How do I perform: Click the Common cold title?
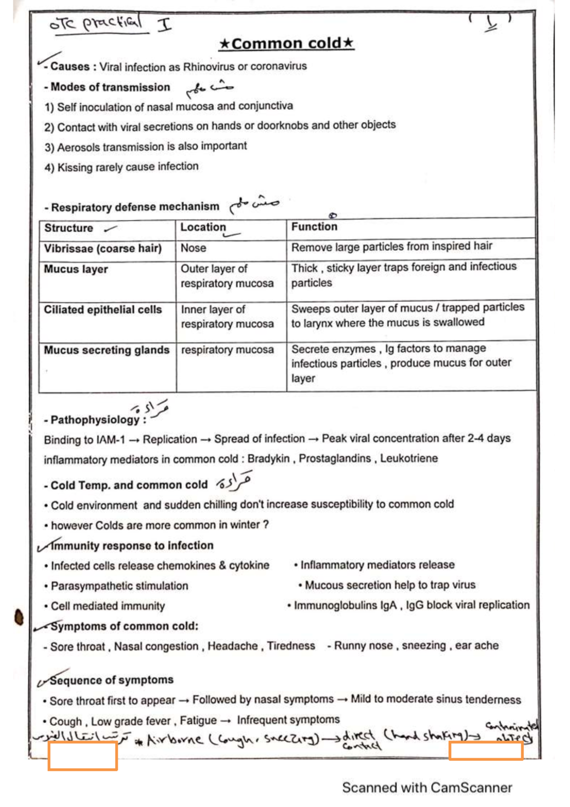pos(286,44)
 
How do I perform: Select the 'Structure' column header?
pos(69,228)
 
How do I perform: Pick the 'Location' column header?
pos(203,227)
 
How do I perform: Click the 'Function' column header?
pos(314,227)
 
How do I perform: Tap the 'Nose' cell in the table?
pos(193,248)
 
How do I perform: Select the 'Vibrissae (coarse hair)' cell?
pos(103,249)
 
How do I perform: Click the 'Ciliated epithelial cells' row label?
pos(103,309)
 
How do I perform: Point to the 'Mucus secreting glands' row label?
pos(106,350)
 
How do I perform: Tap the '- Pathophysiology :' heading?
pos(95,420)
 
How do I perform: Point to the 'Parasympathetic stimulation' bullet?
pos(119,586)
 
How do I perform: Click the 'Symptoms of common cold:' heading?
pos(124,626)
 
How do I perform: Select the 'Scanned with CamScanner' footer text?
pos(427,788)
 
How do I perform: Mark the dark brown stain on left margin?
pos(19,617)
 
